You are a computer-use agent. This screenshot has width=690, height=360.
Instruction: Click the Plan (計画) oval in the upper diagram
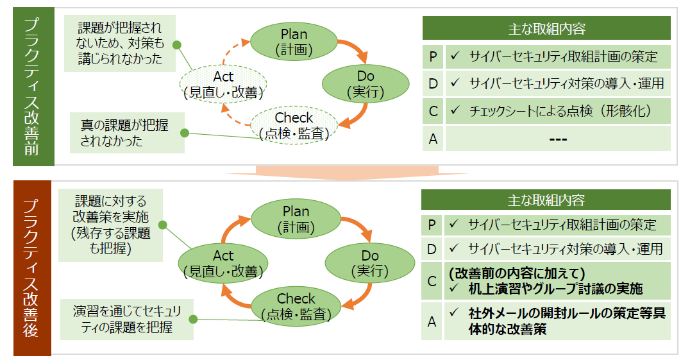[x=294, y=40]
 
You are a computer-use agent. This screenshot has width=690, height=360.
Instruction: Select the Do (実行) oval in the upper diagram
[x=365, y=85]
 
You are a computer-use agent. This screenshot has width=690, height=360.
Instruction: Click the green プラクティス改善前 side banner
[x=33, y=87]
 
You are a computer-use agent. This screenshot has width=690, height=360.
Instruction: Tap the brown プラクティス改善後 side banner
[x=33, y=268]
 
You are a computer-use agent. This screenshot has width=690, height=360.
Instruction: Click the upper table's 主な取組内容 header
[x=546, y=28]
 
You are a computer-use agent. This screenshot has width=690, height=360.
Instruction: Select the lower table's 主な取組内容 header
[x=546, y=200]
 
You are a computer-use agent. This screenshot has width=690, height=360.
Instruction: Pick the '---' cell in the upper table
[x=557, y=139]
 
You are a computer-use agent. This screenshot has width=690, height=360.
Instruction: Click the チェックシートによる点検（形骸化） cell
[x=557, y=111]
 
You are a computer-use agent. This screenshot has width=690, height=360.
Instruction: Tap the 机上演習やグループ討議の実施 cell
[x=557, y=280]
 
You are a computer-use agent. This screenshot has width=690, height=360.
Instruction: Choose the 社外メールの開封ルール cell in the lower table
[x=557, y=321]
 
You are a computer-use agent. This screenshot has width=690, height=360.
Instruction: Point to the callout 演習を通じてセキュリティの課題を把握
[x=126, y=319]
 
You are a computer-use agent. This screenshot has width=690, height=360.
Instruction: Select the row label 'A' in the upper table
[x=433, y=139]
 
